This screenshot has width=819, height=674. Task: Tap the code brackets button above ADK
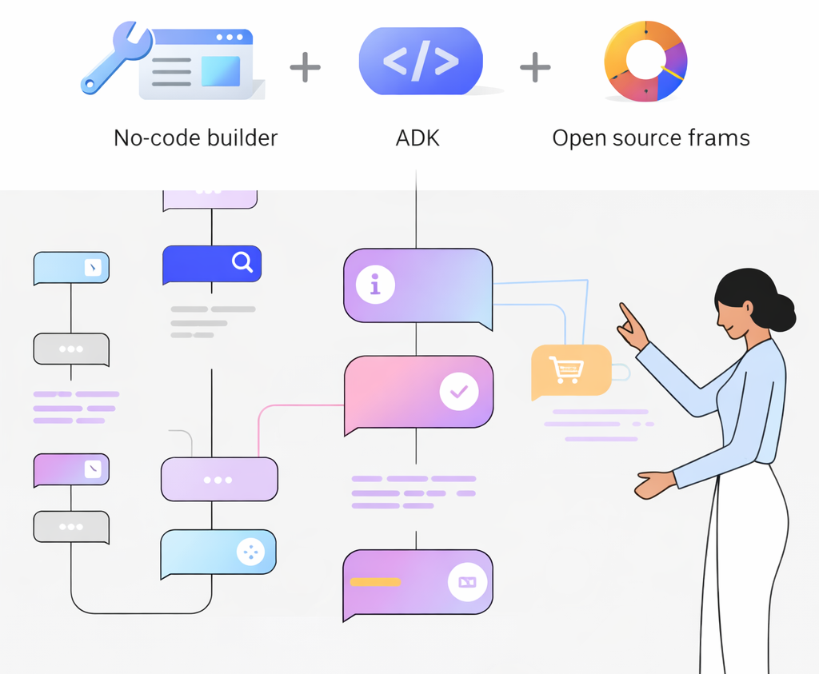click(421, 61)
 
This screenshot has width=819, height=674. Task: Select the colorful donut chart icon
click(645, 62)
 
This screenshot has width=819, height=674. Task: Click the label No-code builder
click(195, 138)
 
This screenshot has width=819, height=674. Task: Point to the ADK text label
click(417, 138)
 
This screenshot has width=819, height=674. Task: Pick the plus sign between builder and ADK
click(305, 68)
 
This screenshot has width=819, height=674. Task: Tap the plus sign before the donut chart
click(535, 68)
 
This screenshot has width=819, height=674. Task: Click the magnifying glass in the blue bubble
click(242, 261)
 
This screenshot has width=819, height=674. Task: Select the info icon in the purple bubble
click(375, 285)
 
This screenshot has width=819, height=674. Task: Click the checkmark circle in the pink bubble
click(459, 392)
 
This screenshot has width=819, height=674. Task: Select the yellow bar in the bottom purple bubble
click(375, 582)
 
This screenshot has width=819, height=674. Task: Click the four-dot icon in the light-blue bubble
click(250, 552)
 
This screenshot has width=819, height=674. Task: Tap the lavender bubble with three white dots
click(218, 480)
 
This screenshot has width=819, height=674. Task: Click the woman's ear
click(748, 307)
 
